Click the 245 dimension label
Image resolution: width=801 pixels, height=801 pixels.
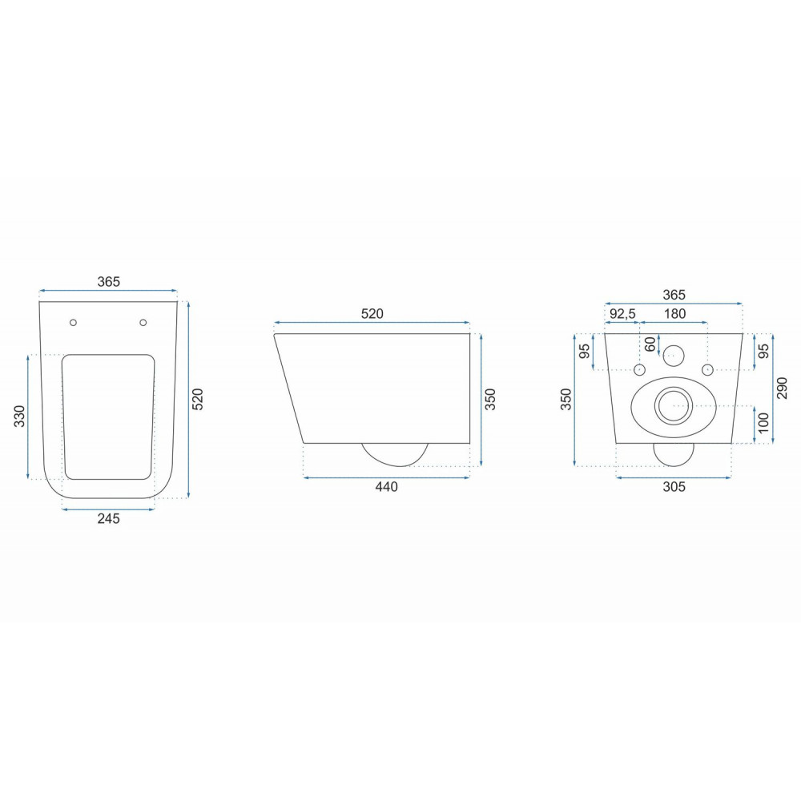pyautogui.click(x=108, y=518)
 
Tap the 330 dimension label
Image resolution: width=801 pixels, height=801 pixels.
pyautogui.click(x=19, y=417)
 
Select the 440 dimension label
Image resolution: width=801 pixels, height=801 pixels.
pyautogui.click(x=386, y=487)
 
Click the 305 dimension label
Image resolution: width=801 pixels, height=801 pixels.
pyautogui.click(x=674, y=487)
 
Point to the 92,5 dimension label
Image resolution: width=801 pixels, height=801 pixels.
pyautogui.click(x=622, y=314)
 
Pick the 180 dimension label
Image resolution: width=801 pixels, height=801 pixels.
pyautogui.click(x=674, y=314)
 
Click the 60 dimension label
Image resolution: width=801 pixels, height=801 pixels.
pyautogui.click(x=650, y=344)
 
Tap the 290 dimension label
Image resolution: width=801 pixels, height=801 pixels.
pyautogui.click(x=782, y=388)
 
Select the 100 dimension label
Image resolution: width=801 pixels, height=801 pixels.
pyautogui.click(x=763, y=423)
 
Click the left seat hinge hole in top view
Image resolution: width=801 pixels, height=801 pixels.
pyautogui.click(x=73, y=322)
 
